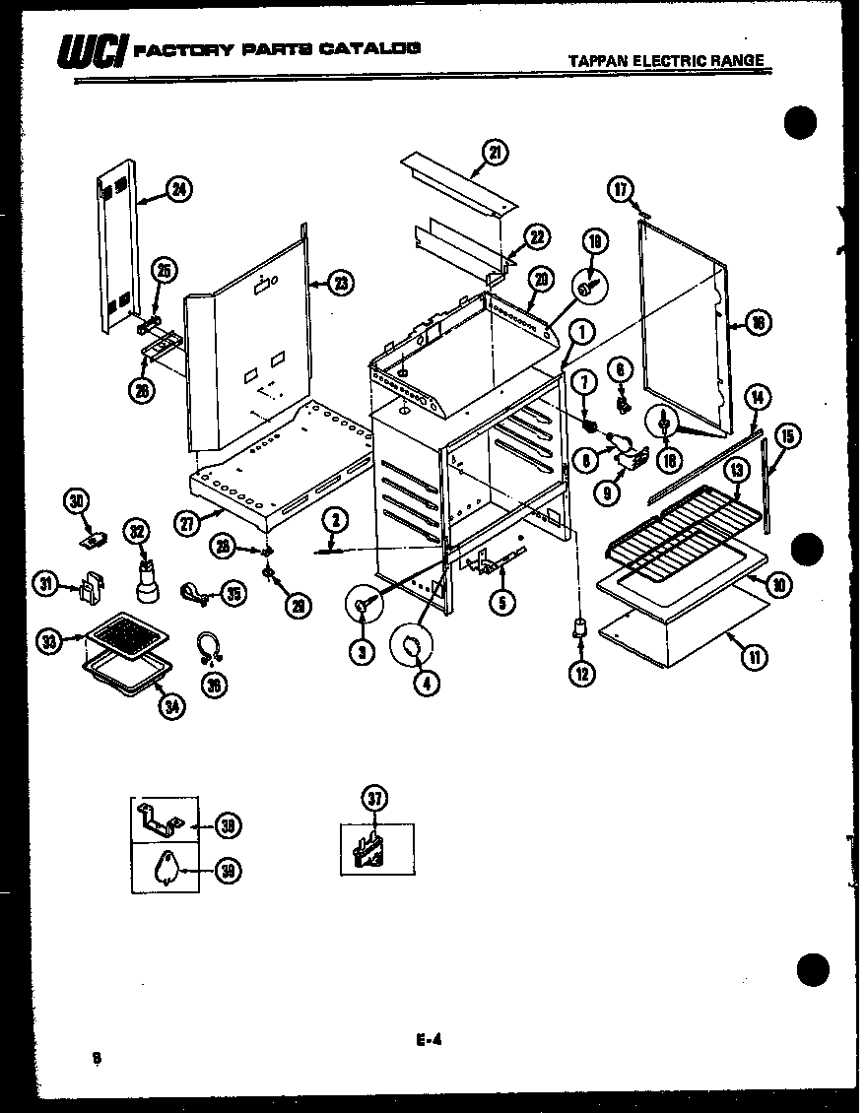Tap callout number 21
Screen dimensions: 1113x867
point(495,152)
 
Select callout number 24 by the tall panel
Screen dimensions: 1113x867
point(178,191)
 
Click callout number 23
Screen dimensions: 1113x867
point(340,284)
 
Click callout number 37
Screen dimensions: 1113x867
point(374,799)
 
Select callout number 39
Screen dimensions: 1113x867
point(228,870)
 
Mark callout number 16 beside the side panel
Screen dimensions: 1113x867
point(759,322)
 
